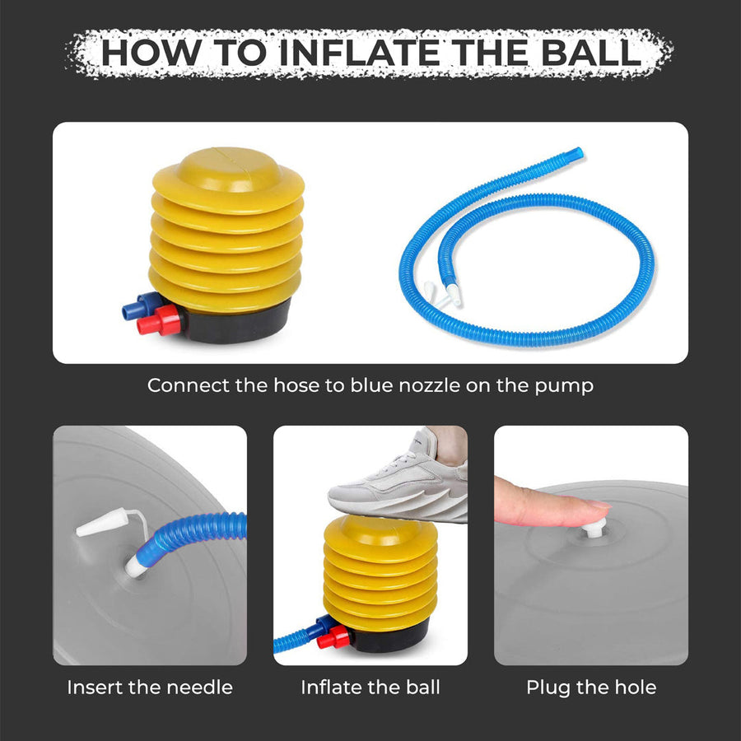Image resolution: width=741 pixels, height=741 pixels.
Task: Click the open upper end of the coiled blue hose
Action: pos(578,152)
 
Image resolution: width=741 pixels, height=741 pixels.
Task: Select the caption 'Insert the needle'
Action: pos(150,687)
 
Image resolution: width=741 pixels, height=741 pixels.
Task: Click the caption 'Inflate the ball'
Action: pos(370,687)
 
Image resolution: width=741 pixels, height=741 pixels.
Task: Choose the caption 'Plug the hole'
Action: pos(591,687)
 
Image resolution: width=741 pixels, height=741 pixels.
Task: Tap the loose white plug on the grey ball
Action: pos(102,525)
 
